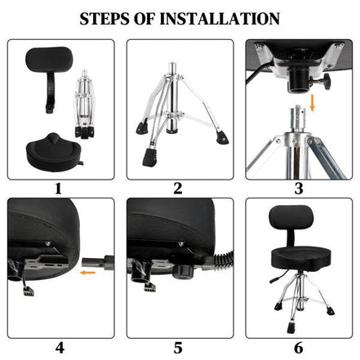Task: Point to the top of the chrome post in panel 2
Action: pos(173,65)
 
